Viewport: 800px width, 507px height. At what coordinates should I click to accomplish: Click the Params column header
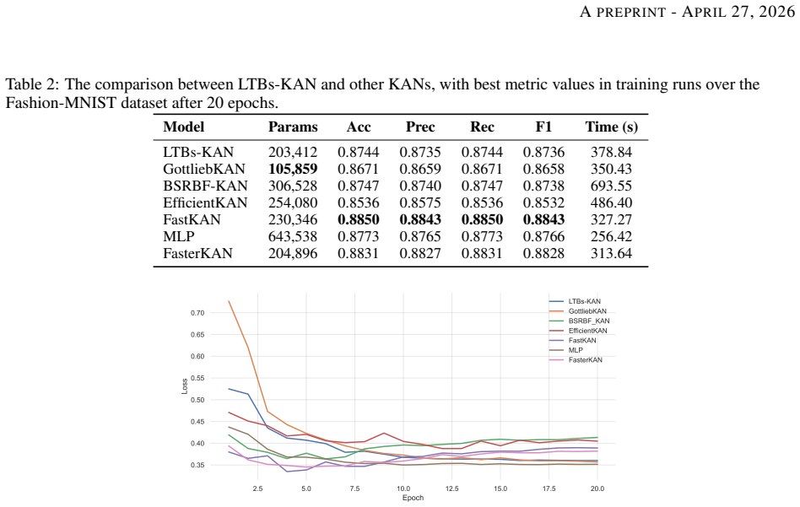coord(293,127)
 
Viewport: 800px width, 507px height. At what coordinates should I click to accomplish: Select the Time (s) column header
coord(611,127)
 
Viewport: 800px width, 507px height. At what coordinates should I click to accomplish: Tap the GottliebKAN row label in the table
coord(204,169)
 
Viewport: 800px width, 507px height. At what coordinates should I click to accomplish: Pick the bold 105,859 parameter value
coord(293,169)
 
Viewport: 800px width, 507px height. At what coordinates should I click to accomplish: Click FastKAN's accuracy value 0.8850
coord(358,219)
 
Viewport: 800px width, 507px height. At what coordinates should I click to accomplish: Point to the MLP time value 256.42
coord(611,236)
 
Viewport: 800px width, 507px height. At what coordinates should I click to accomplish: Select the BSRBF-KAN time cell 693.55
coord(611,186)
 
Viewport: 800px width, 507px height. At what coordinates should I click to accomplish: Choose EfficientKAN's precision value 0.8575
coord(420,202)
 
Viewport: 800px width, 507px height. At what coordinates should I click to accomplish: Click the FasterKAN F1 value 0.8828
coord(543,253)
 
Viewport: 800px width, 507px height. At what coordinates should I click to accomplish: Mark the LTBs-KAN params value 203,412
coord(293,152)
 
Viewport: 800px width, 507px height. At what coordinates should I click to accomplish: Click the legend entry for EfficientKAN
coord(587,331)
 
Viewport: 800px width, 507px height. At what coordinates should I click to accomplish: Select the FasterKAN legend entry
coord(585,359)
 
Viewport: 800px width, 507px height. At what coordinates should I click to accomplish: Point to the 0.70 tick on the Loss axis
coord(197,313)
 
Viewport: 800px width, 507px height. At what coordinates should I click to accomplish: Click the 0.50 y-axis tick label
coord(197,400)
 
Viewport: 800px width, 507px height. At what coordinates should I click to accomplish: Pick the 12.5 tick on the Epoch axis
coord(452,488)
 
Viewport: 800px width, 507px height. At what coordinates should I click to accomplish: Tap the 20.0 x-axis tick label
coord(597,488)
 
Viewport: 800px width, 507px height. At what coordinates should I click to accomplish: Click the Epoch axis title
coord(413,498)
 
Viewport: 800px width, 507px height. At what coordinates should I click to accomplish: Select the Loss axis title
coord(185,386)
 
